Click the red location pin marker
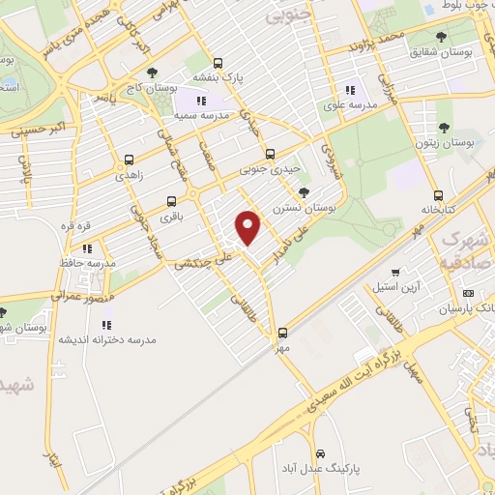(x=248, y=226)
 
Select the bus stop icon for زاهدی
(x=130, y=160)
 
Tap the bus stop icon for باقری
(x=171, y=201)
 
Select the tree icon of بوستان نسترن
(x=305, y=191)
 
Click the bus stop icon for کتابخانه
(x=439, y=194)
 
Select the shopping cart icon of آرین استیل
(x=394, y=273)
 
